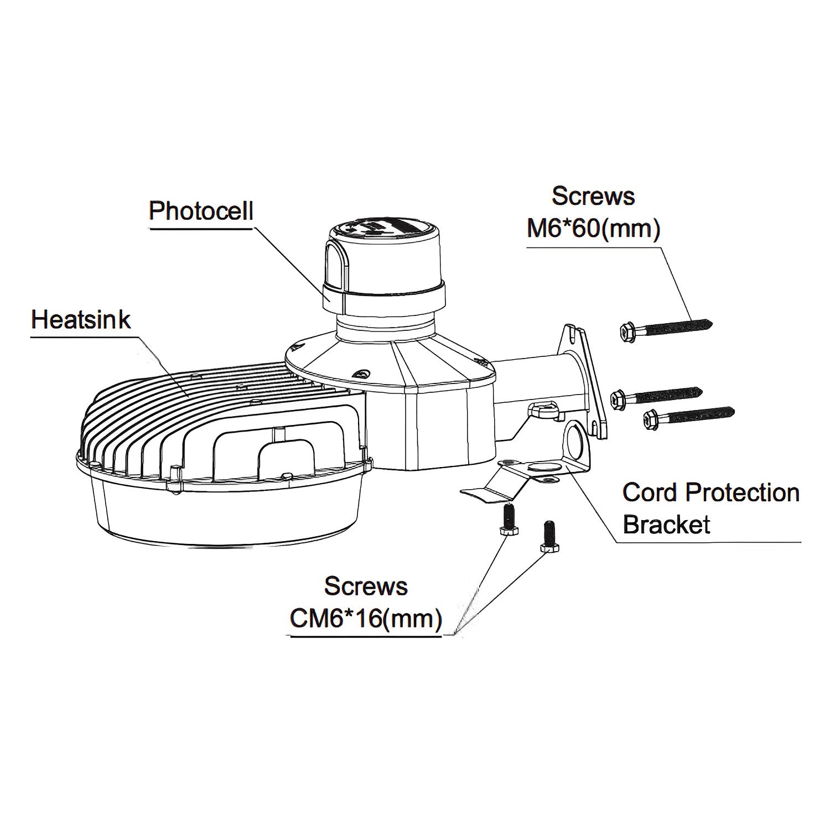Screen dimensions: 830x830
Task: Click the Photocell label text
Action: point(201,211)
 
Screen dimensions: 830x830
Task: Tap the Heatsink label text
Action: point(81,320)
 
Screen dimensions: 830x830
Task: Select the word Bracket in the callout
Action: point(666,525)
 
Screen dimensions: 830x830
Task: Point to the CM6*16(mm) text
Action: point(366,619)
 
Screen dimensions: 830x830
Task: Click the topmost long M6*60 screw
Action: point(664,327)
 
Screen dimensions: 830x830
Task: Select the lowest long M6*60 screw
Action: point(689,416)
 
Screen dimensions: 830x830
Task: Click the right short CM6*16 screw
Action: point(548,537)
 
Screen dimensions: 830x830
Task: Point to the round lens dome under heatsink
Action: point(221,515)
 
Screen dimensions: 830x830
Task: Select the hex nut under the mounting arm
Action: point(542,411)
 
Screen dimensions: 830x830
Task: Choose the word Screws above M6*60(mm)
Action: point(593,196)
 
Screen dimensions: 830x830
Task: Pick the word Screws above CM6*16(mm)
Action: point(366,586)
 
